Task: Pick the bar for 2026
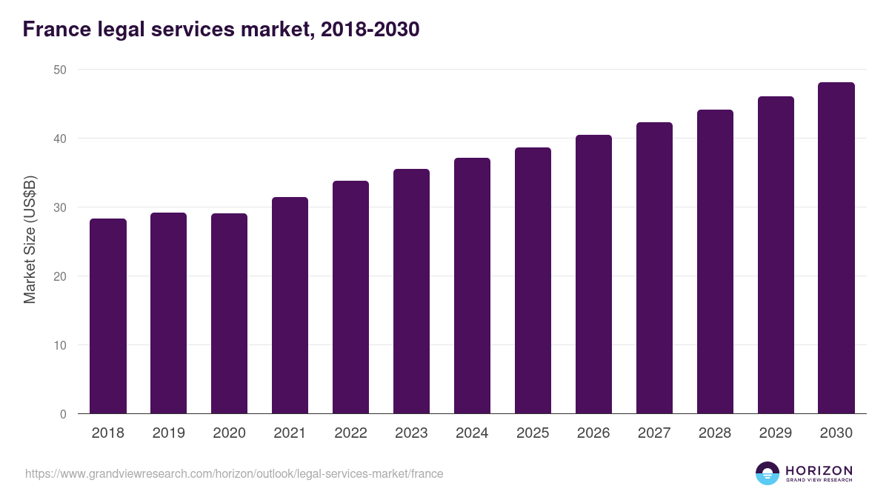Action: pos(593,274)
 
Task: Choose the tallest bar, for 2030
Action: pos(836,248)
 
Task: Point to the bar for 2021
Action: pos(290,305)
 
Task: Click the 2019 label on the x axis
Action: pos(168,433)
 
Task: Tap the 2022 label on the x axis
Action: pos(350,433)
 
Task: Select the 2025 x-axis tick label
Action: pos(533,433)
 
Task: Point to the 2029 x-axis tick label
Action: pos(776,433)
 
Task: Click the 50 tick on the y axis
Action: pos(59,70)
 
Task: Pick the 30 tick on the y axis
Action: pos(59,207)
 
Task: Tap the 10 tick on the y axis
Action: pos(59,345)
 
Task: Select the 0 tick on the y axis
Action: pos(62,414)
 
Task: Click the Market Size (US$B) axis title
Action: pos(30,240)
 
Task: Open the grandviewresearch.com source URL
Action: pos(234,473)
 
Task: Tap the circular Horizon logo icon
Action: pos(768,473)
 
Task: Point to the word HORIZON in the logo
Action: pos(819,470)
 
